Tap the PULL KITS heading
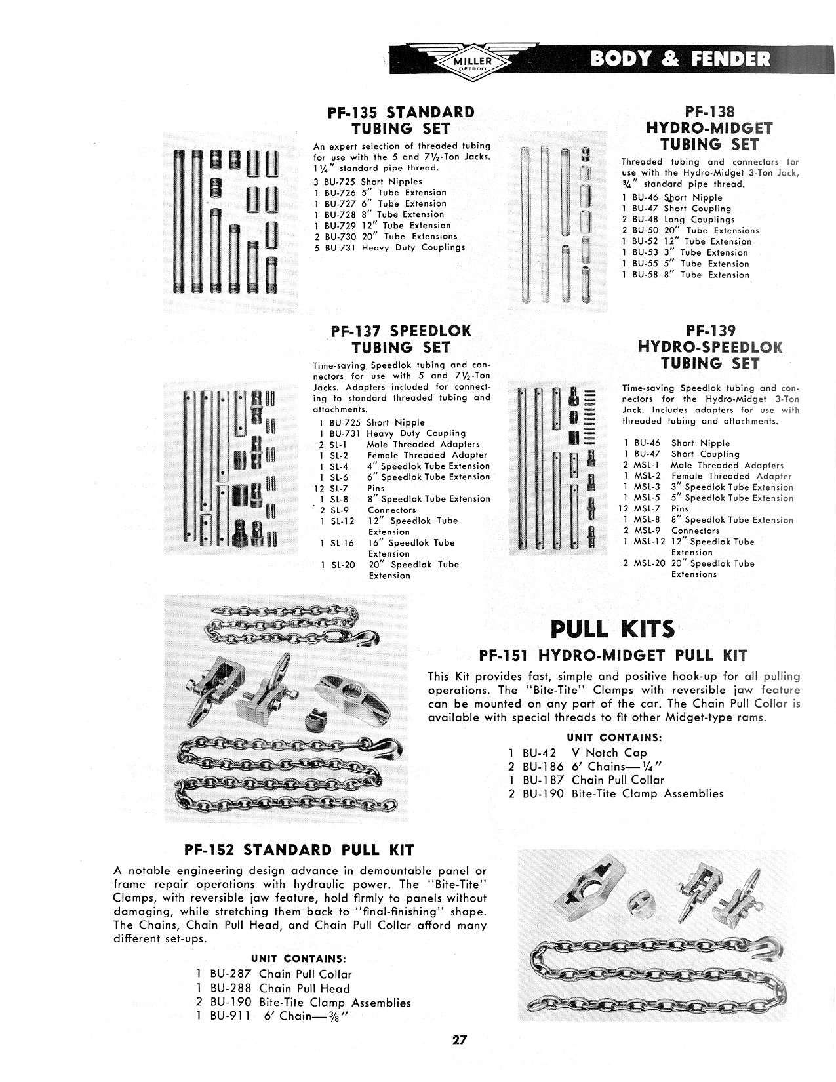point(612,630)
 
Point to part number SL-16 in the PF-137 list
point(342,543)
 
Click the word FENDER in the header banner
point(728,60)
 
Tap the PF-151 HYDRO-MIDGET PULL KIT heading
point(613,655)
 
